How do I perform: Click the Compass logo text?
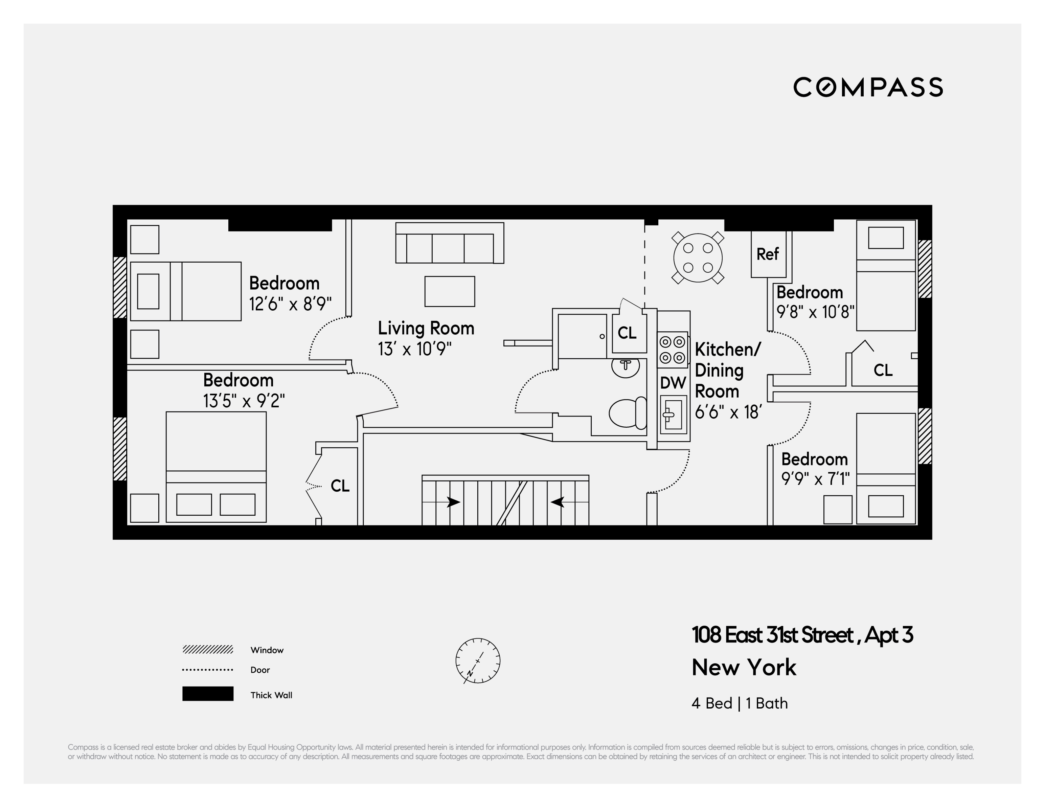[868, 87]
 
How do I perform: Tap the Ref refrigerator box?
[768, 254]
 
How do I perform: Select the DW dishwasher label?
[673, 382]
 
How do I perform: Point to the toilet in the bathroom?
[627, 412]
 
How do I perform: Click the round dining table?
[698, 257]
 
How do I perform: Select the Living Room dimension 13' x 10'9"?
[414, 349]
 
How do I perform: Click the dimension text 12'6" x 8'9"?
[290, 304]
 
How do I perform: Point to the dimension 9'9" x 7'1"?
[815, 478]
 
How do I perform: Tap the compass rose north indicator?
[478, 660]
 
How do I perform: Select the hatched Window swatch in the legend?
[208, 650]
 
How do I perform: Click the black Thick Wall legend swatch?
[208, 694]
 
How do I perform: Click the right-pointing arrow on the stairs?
[453, 502]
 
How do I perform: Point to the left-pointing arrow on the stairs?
[558, 502]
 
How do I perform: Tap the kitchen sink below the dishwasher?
[673, 414]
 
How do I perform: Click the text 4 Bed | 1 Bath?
[739, 703]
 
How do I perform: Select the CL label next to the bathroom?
[627, 333]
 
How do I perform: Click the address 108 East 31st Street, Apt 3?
[802, 635]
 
